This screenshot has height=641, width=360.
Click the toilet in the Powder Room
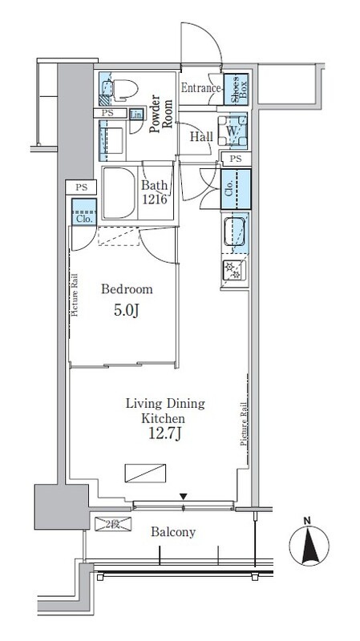123,88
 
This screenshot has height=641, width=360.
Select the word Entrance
201,88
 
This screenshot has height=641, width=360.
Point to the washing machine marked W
233,131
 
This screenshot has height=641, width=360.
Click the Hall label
201,137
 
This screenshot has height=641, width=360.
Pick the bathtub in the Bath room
119,192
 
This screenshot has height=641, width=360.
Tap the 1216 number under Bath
155,200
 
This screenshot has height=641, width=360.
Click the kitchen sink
234,232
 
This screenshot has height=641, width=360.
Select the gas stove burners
234,271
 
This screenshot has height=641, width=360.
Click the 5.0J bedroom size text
127,311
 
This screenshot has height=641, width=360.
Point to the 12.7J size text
164,434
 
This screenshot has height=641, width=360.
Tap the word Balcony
173,532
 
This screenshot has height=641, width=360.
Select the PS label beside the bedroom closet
81,187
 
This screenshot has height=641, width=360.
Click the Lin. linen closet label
136,115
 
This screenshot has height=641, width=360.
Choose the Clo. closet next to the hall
236,189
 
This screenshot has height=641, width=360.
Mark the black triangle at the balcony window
184,497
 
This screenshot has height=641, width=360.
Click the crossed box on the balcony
113,524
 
